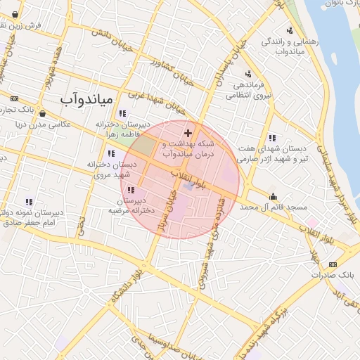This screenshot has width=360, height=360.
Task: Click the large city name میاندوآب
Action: click(86, 99)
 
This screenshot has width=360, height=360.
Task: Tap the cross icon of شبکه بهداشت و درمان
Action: click(188, 132)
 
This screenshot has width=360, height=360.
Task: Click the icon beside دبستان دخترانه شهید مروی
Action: click(111, 153)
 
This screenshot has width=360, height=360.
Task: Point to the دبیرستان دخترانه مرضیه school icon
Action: click(131, 189)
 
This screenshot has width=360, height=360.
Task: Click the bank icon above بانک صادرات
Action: click(333, 264)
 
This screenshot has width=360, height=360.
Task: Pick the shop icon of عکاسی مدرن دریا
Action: click(42, 112)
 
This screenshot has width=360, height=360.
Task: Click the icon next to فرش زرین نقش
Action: click(15, 13)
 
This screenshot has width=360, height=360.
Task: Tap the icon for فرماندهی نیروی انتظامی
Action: click(247, 75)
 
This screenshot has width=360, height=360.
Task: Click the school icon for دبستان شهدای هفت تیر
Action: click(271, 138)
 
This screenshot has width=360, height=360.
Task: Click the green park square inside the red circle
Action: click(144, 146)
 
